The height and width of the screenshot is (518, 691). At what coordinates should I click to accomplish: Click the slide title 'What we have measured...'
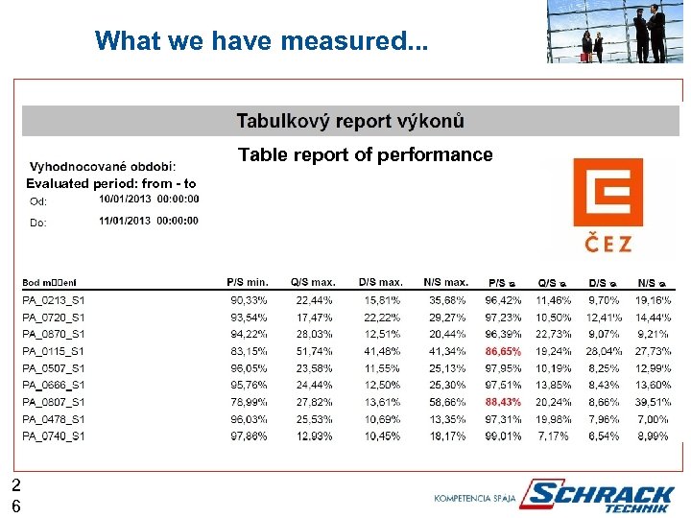[262, 41]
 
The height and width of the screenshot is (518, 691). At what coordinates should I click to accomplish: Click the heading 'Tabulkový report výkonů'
[350, 121]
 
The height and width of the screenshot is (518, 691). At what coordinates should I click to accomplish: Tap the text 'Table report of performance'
[365, 154]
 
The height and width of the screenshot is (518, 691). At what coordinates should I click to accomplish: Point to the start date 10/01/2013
[149, 200]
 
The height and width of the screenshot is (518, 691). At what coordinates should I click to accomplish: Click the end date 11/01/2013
[149, 221]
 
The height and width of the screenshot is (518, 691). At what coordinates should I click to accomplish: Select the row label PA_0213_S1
[54, 300]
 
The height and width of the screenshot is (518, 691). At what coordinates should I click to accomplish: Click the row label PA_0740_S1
[54, 436]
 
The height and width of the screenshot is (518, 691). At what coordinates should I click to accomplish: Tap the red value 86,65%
[503, 351]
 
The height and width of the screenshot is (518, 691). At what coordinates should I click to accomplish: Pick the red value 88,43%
[503, 402]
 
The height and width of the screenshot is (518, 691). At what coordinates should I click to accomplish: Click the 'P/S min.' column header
[248, 282]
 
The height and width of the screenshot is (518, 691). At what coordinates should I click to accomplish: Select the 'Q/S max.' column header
[312, 282]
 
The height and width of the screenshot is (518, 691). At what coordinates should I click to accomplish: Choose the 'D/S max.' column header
[380, 282]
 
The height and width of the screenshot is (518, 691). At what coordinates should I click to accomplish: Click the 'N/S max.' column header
[445, 282]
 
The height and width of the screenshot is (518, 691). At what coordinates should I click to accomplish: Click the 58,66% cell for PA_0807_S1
[448, 402]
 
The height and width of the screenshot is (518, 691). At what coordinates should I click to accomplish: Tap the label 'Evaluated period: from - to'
[110, 183]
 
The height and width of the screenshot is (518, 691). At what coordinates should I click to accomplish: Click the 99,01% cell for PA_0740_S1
[503, 436]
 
